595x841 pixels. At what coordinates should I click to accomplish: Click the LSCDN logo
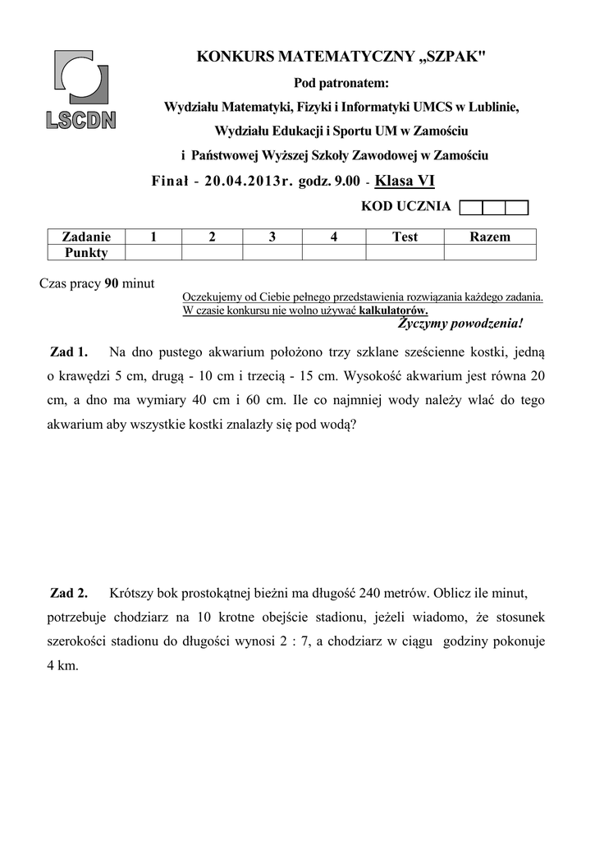pos(80,90)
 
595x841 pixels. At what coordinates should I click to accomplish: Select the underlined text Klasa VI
pos(405,181)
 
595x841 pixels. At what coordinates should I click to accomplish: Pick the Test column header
pos(405,237)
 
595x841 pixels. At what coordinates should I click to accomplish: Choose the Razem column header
pos(489,237)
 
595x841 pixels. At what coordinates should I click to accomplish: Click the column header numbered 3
pos(272,237)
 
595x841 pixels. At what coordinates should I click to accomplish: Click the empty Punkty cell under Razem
pos(489,253)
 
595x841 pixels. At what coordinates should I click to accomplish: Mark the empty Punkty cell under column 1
pos(152,253)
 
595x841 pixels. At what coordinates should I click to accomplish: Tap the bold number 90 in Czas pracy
pos(112,284)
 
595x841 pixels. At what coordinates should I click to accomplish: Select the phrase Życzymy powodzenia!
pos(460,324)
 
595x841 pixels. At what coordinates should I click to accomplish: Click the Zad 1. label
pos(69,352)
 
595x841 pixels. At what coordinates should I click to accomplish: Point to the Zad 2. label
pos(69,593)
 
